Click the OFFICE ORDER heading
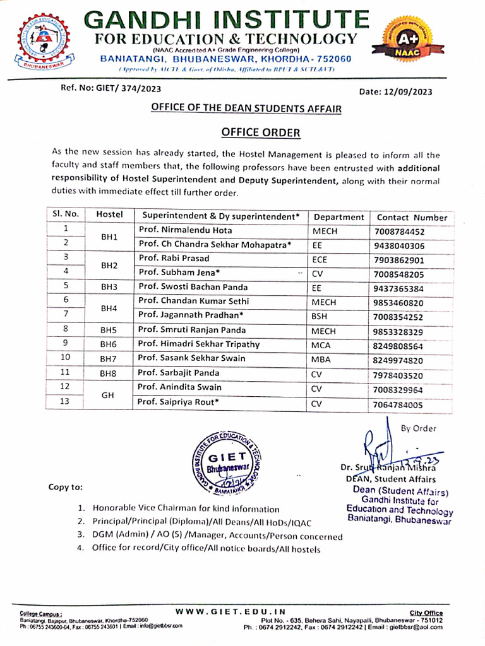pyautogui.click(x=251, y=132)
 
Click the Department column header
pyautogui.click(x=338, y=217)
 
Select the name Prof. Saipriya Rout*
pyautogui.click(x=179, y=402)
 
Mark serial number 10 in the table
pyautogui.click(x=65, y=358)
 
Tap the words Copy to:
pyautogui.click(x=65, y=487)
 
